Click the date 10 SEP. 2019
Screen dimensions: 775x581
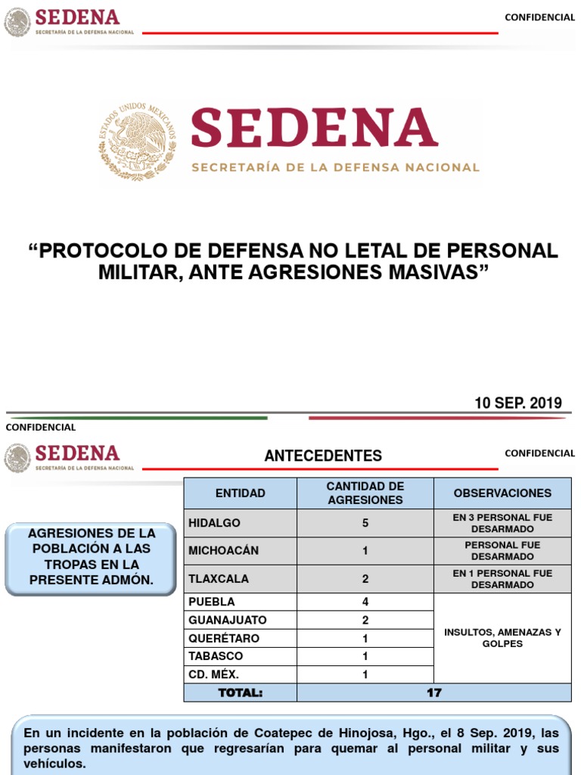pos(518,403)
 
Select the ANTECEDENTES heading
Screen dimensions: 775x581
pos(323,456)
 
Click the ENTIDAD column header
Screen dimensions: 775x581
pos(241,493)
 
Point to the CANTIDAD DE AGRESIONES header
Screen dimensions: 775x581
pos(365,493)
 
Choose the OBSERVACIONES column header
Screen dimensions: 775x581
pos(502,493)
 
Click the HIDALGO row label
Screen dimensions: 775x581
pos(215,523)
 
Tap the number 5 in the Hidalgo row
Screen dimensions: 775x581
pos(365,523)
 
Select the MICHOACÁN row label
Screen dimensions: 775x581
pos(223,551)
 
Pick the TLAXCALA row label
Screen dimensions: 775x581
pos(219,579)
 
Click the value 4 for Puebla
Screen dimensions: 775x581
pos(365,602)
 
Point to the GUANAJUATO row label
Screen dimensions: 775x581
pos(228,620)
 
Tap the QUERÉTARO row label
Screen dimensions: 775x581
pos(224,638)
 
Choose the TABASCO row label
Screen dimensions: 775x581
pos(216,656)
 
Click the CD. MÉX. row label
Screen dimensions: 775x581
pos(214,674)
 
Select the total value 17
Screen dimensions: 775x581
pos(433,693)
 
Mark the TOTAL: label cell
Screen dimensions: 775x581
pos(241,693)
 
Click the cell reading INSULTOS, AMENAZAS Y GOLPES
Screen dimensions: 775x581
pos(502,638)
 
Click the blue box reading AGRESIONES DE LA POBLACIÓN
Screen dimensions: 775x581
pos(92,556)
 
